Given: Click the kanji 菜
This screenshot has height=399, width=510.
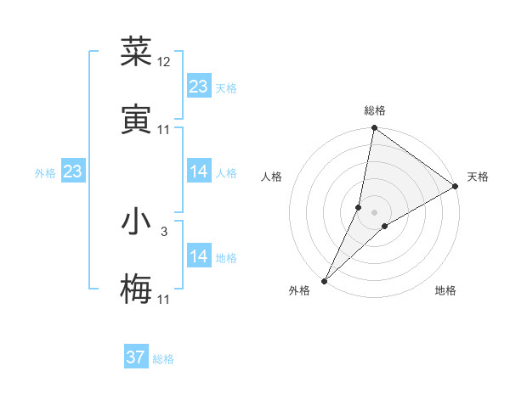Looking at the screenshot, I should [x=136, y=53].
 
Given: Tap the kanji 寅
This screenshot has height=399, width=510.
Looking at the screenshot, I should [x=136, y=120].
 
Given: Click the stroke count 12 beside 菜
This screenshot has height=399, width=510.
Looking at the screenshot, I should [x=164, y=62].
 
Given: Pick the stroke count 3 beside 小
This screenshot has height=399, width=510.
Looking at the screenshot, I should [x=164, y=231].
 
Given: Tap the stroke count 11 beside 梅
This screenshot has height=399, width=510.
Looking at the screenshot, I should [x=164, y=299].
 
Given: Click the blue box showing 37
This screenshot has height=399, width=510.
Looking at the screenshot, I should [x=136, y=357].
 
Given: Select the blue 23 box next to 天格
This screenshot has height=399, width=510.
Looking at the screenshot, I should [x=199, y=87].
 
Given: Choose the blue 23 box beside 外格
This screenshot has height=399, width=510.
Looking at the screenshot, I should [x=72, y=171].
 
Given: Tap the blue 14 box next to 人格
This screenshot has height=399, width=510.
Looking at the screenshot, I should [x=199, y=171].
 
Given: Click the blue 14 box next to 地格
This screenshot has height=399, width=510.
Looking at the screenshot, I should [x=199, y=256].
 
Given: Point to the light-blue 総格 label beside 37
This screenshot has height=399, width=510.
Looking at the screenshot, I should [x=163, y=359].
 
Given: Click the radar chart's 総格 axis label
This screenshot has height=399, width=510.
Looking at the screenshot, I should [x=375, y=110].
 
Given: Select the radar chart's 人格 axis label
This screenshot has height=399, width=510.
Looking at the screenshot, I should [x=271, y=177].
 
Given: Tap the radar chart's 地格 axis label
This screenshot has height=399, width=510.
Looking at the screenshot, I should [x=445, y=291].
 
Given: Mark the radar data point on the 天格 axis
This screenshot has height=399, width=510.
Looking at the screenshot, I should [x=456, y=187].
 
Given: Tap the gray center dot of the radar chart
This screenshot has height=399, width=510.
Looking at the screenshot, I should [x=375, y=212].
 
